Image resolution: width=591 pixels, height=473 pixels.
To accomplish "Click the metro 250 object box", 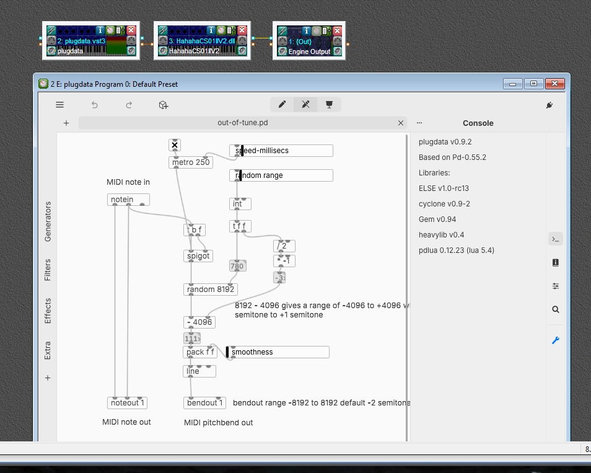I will click(x=191, y=162).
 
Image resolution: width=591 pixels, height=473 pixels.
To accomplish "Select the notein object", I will click(x=128, y=200).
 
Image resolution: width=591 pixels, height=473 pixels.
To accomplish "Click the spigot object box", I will click(x=198, y=255).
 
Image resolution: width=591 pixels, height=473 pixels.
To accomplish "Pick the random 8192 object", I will click(x=211, y=289).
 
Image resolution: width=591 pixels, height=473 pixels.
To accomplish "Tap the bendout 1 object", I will click(x=204, y=403).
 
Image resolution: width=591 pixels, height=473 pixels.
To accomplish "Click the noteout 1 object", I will click(x=127, y=403).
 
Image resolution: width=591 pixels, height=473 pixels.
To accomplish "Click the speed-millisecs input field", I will click(x=281, y=150).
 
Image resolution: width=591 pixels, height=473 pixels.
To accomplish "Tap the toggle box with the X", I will click(x=175, y=145).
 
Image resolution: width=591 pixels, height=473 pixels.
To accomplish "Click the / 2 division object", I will click(x=284, y=246).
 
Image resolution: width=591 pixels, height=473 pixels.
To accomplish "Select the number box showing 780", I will click(x=237, y=266).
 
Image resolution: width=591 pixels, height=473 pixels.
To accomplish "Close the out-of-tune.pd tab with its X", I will click(x=401, y=123).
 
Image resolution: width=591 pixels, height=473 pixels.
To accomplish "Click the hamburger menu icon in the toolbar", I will click(x=59, y=105).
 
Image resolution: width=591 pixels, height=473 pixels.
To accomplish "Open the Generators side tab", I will click(x=48, y=221).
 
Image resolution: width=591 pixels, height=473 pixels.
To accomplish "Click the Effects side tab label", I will click(x=48, y=311).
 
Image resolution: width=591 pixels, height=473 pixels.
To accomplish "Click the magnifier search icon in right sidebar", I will click(x=556, y=309).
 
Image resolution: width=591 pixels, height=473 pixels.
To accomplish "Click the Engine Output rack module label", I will click(x=309, y=51).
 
